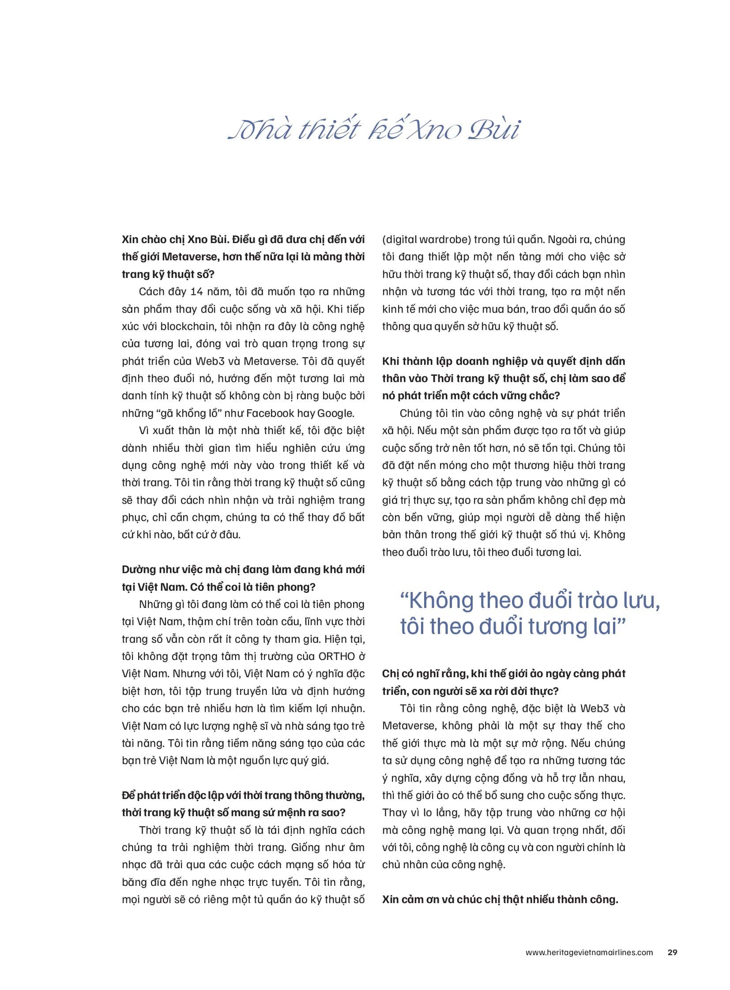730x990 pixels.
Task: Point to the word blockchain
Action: pos(188,326)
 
